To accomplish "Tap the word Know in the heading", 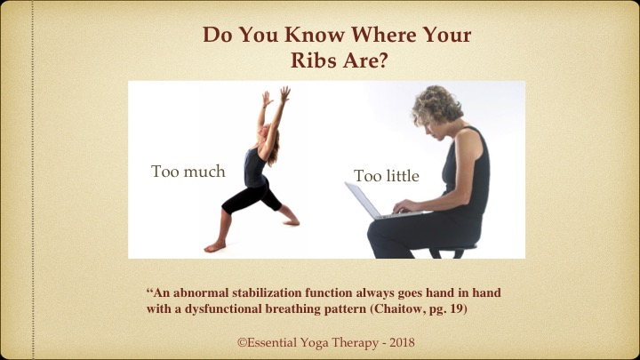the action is pos(315,35).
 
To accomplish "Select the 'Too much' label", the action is pos(188,172).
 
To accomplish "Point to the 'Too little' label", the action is pos(387,176).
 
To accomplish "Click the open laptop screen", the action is pos(362,200).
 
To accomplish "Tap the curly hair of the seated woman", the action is pos(436,105).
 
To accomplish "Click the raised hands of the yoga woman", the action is pos(276,96).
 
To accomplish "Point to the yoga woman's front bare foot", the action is pos(215,246).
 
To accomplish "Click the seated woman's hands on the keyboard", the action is pos(404,206).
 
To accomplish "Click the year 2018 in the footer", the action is pos(402,342).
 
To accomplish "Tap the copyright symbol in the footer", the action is pos(242,342).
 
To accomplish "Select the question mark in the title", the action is pos(382,60).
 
